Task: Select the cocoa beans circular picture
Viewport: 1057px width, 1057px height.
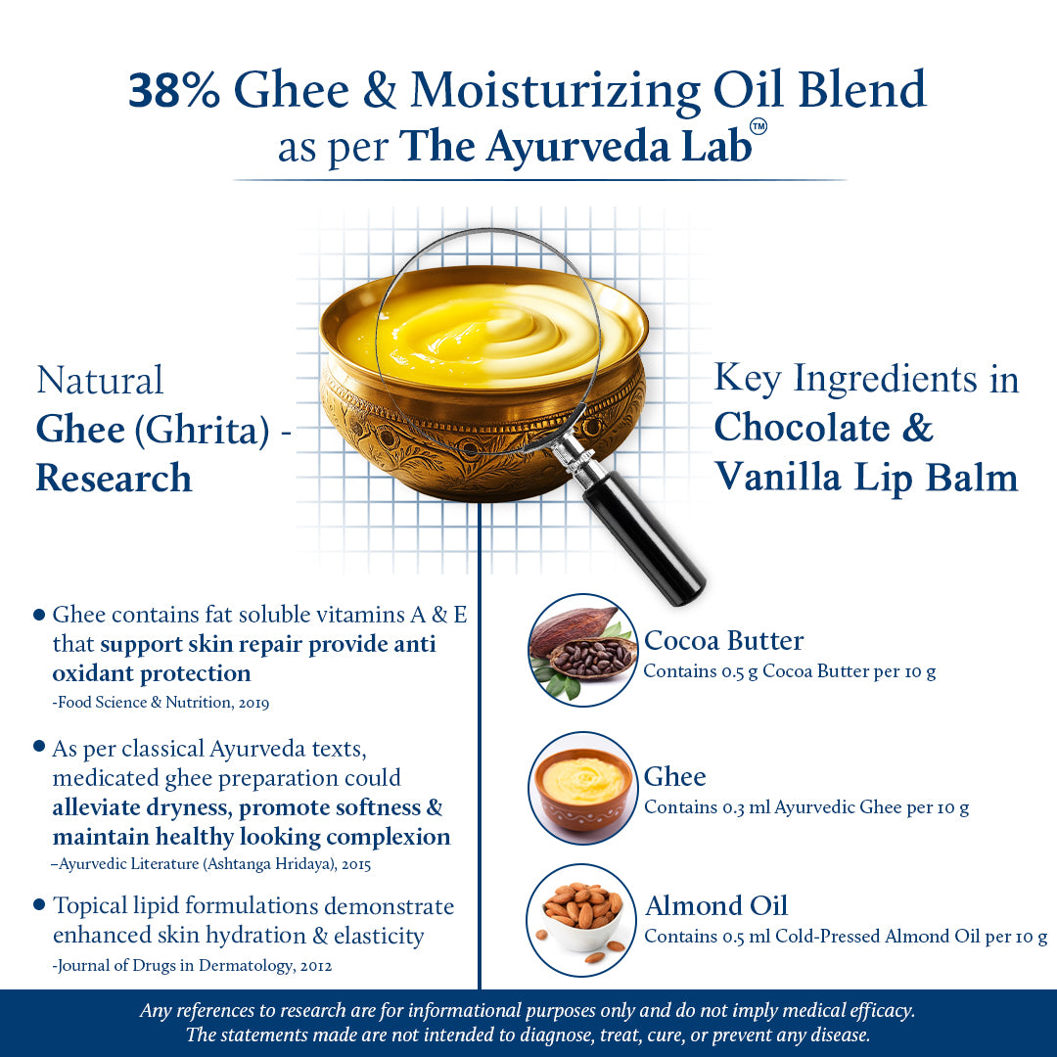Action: [x=582, y=650]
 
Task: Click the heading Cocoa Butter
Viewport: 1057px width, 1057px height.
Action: [x=723, y=641]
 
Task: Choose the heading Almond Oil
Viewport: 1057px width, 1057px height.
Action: [x=715, y=905]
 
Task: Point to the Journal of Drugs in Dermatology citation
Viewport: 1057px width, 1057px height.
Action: [x=193, y=965]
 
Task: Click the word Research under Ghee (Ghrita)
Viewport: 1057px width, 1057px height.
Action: [x=114, y=479]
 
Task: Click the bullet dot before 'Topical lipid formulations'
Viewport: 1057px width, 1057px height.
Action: [x=39, y=904]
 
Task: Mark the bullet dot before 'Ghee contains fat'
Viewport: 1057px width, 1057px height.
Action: [x=39, y=615]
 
